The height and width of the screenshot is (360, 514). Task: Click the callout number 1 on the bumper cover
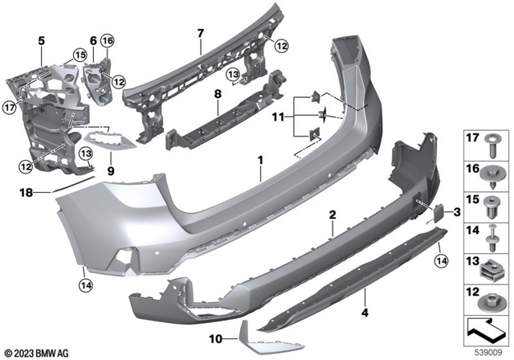(259, 160)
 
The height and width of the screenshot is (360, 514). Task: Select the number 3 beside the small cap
(458, 212)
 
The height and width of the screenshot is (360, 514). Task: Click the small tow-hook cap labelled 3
(441, 211)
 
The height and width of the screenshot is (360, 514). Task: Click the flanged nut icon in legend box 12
(492, 300)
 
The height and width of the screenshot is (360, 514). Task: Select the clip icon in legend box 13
(492, 268)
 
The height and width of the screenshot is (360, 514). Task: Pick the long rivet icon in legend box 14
(492, 237)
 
